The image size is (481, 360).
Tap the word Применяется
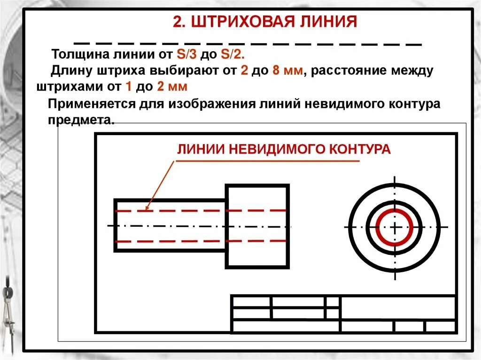click(x=90, y=104)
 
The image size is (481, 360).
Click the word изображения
click(x=216, y=104)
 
